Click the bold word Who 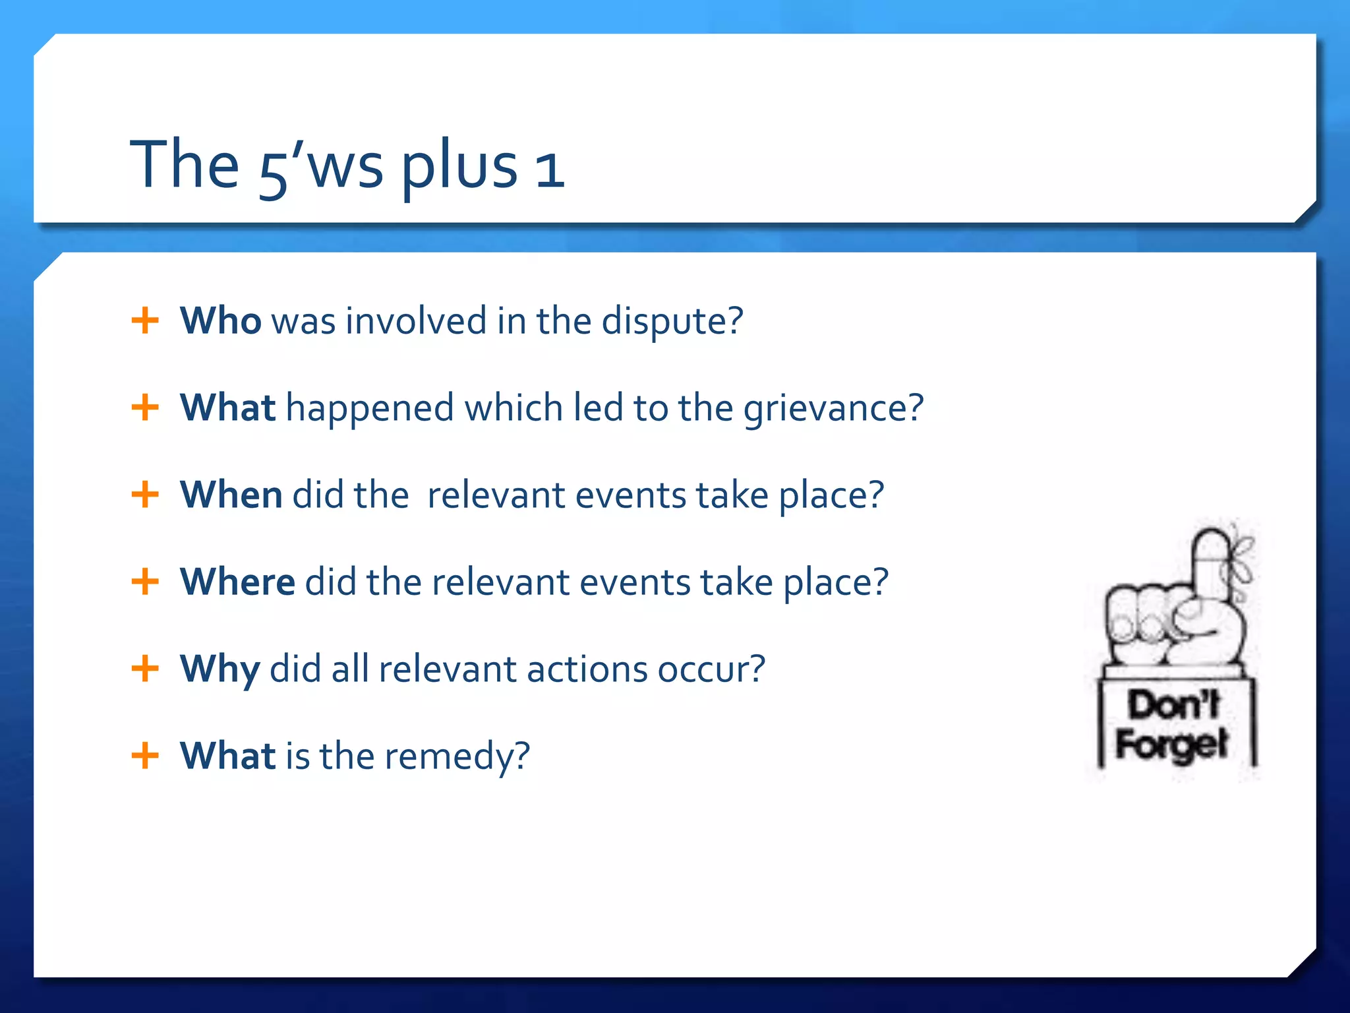pyautogui.click(x=220, y=321)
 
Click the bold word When pyautogui.click(x=231, y=495)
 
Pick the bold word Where pyautogui.click(x=237, y=582)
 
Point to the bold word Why pyautogui.click(x=220, y=670)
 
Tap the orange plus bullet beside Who pyautogui.click(x=145, y=321)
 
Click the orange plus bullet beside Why pyautogui.click(x=145, y=669)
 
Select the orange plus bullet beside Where pyautogui.click(x=145, y=582)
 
